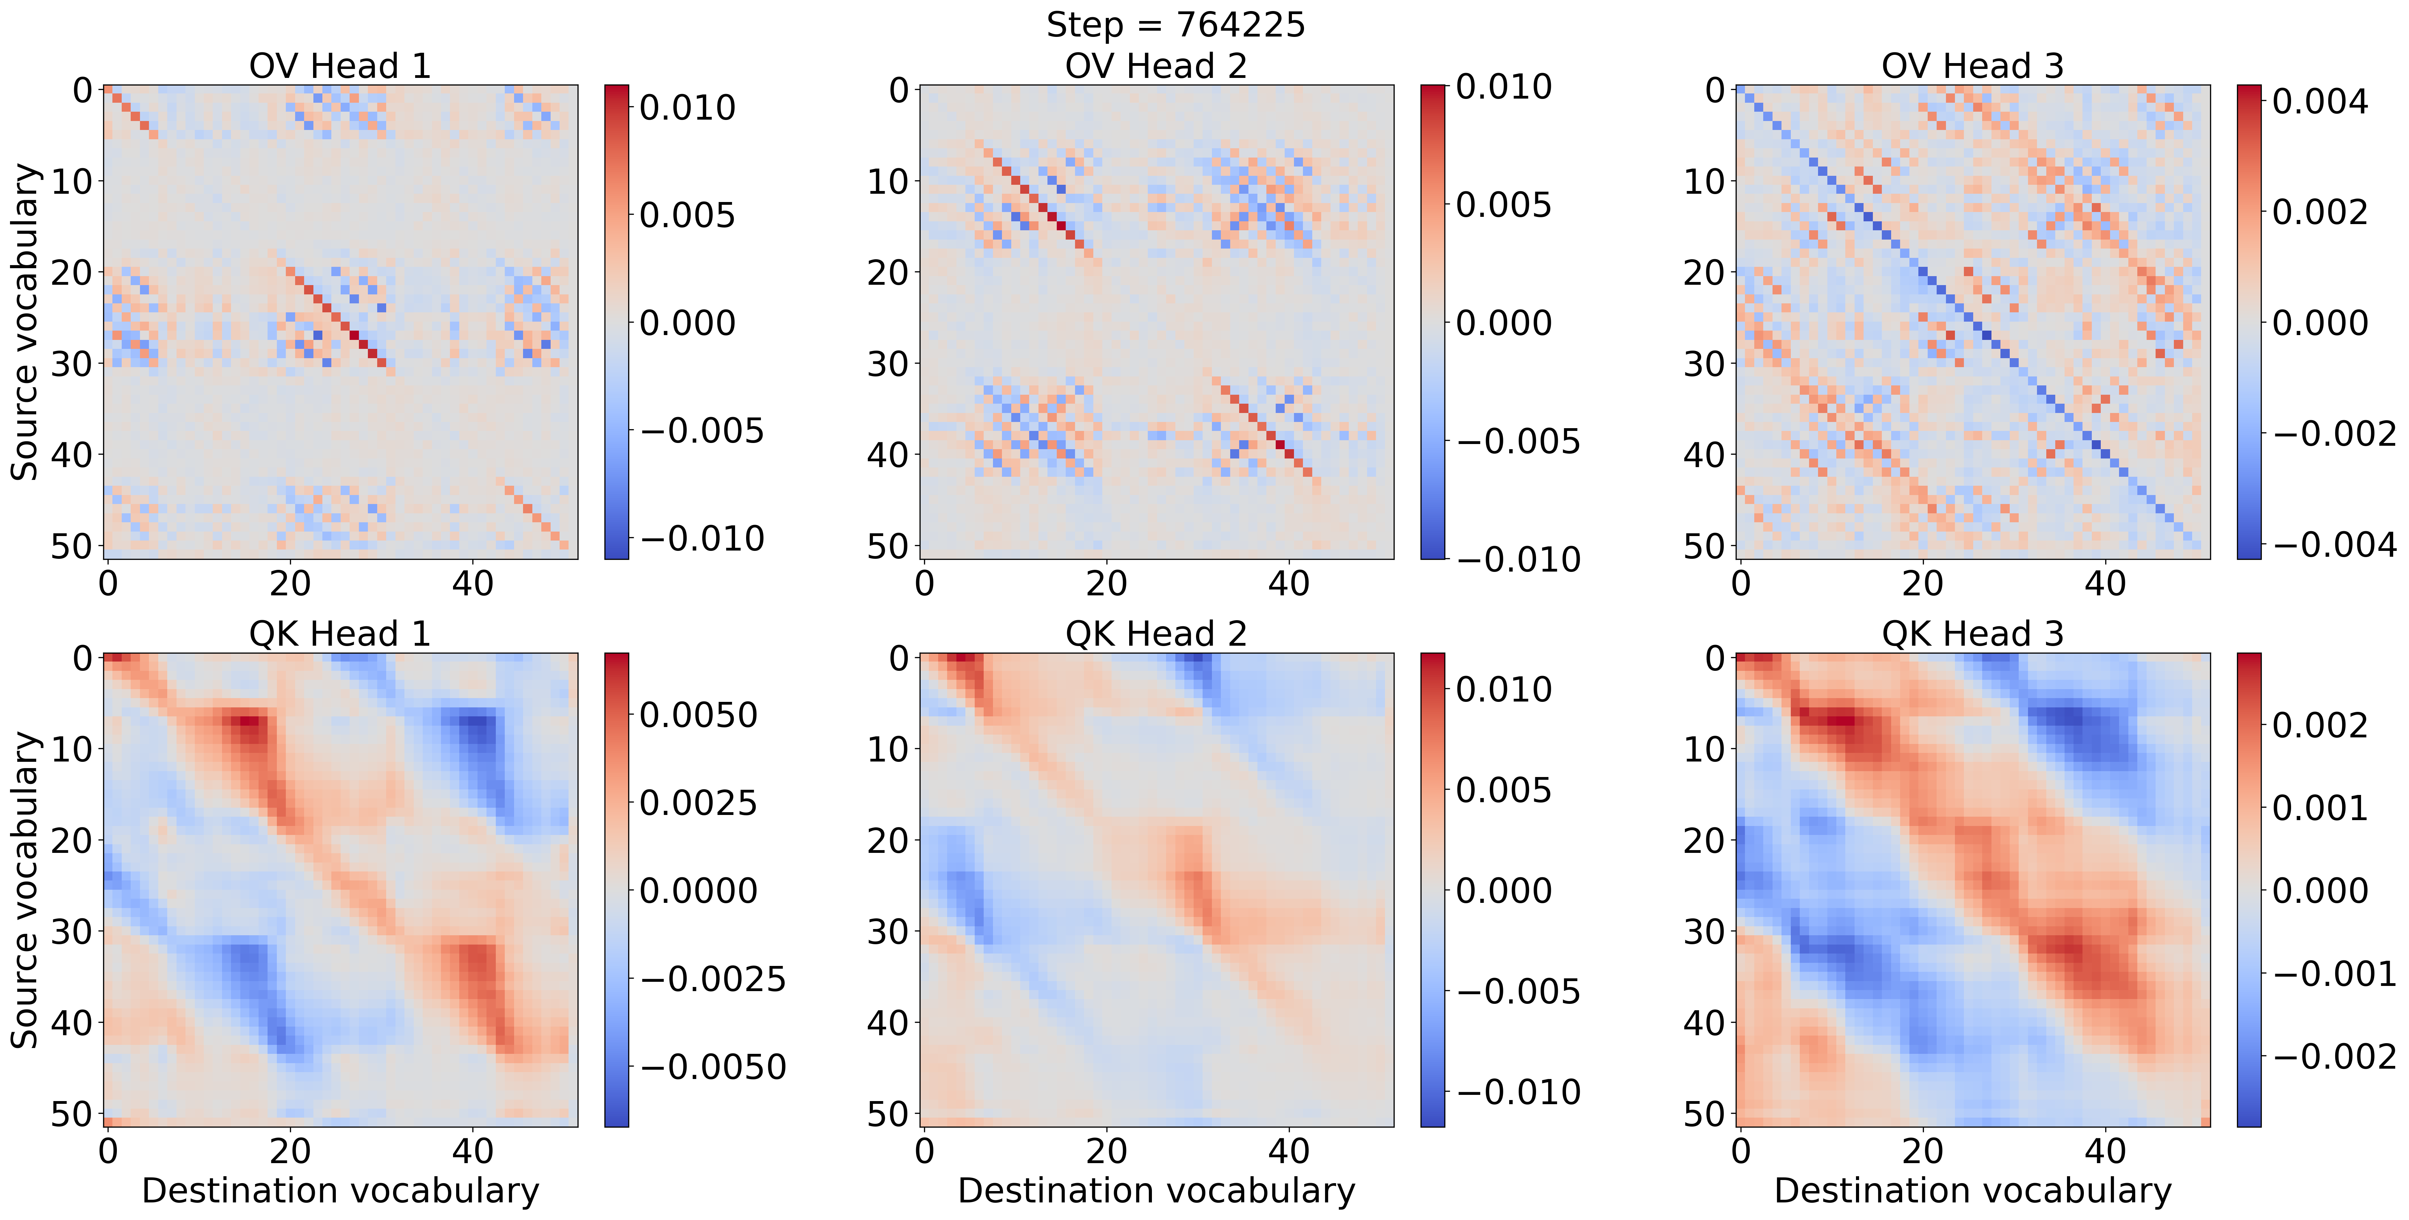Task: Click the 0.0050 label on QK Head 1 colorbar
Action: [x=697, y=715]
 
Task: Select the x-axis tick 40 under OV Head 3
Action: [x=2105, y=583]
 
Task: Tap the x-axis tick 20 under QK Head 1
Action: [x=290, y=1151]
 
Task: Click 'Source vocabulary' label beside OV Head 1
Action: [x=25, y=323]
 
